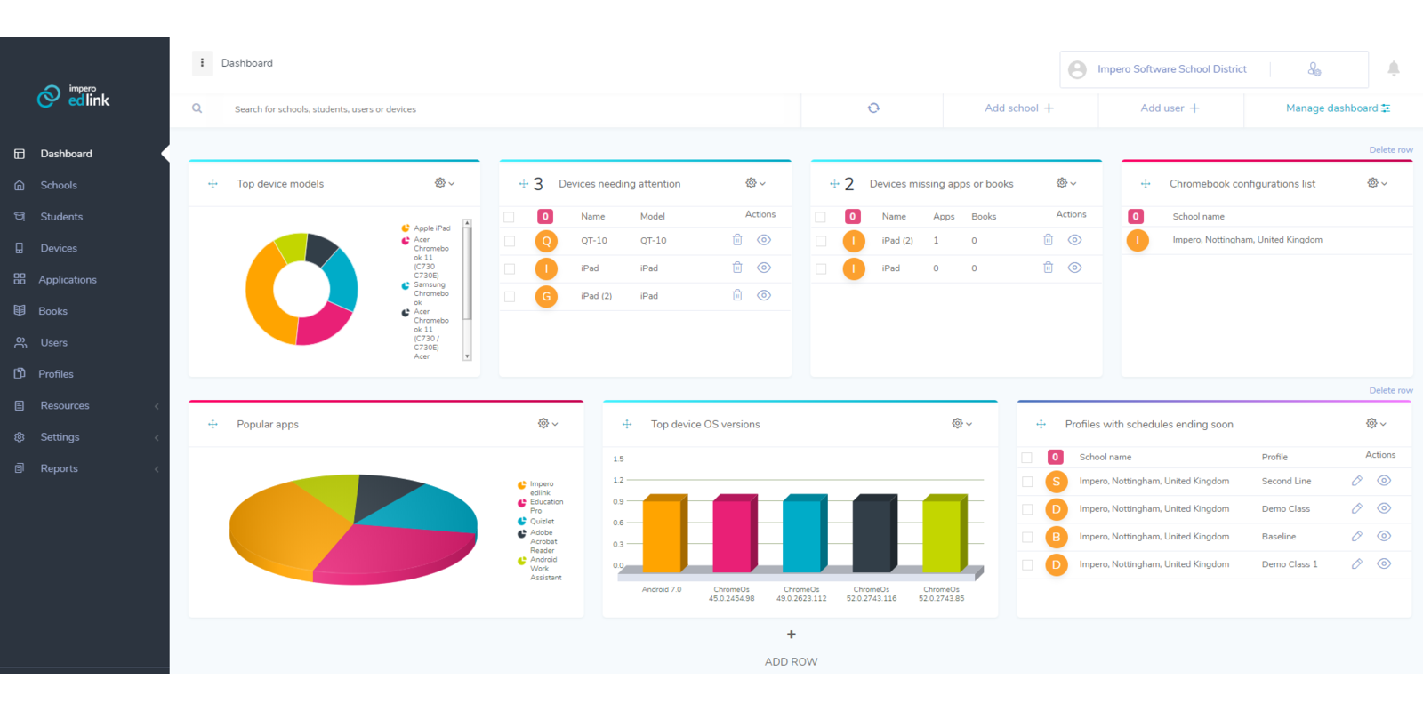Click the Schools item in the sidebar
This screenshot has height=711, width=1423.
(x=59, y=185)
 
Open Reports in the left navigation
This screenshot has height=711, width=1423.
(x=59, y=468)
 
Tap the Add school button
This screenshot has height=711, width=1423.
(x=1019, y=108)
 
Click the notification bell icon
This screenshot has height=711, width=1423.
(x=1394, y=68)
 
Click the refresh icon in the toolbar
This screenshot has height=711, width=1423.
(x=873, y=108)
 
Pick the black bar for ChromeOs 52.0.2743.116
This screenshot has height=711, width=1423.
(x=872, y=535)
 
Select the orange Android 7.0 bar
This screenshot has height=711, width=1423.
(x=662, y=535)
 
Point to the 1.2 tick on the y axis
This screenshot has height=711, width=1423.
(x=618, y=480)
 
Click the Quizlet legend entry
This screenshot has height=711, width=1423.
(x=542, y=522)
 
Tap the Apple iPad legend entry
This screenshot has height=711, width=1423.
(x=431, y=228)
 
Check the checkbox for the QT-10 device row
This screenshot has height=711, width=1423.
(x=510, y=241)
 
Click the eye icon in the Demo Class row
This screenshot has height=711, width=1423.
(x=1384, y=508)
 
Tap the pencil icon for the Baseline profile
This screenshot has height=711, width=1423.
(x=1357, y=536)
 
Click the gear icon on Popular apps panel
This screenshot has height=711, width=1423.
(x=543, y=424)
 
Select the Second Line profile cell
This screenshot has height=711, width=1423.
(x=1286, y=481)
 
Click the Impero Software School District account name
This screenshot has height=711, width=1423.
(x=1171, y=69)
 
